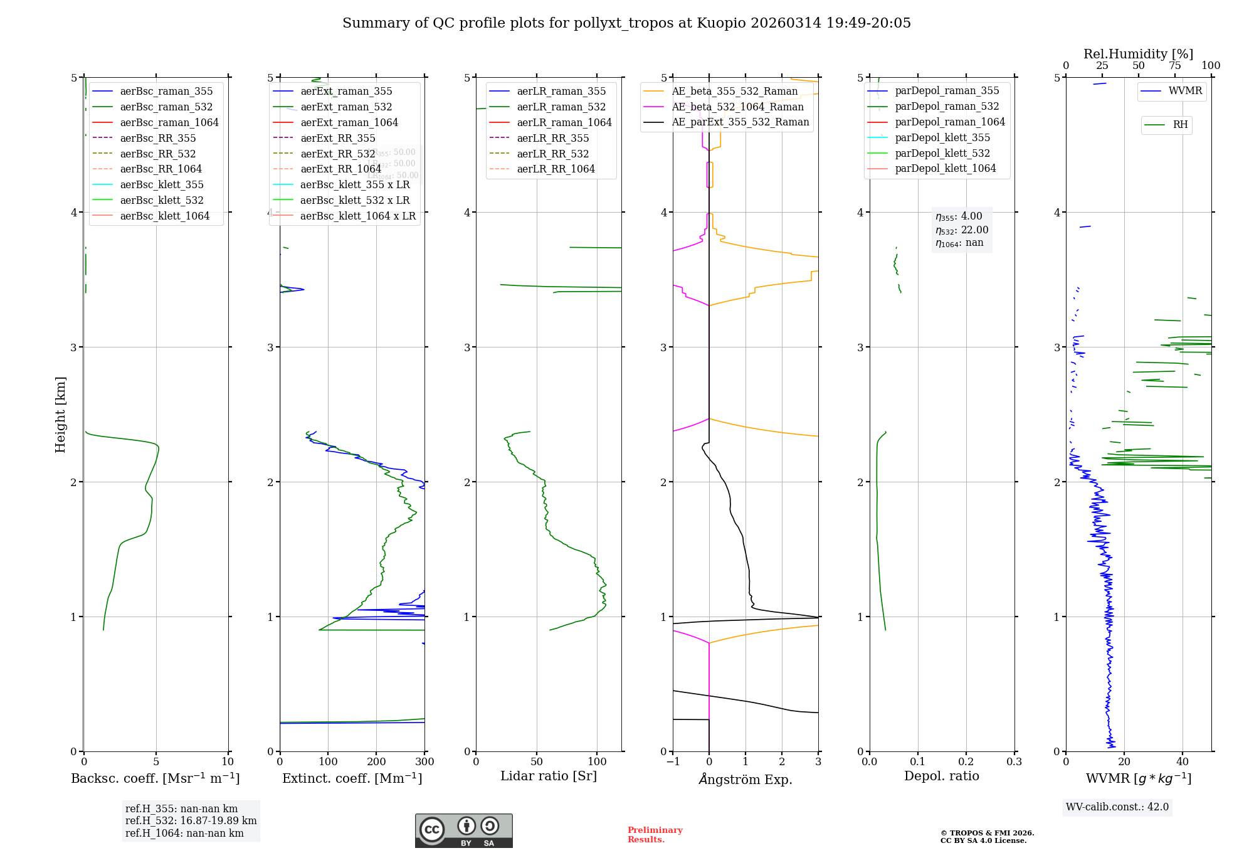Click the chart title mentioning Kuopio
[x=626, y=23]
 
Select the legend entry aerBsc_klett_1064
[x=164, y=216]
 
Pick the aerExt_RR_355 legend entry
[x=337, y=138]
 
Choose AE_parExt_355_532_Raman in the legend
[x=740, y=122]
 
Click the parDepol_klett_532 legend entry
[x=942, y=153]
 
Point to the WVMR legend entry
[x=1184, y=91]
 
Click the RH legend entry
[x=1179, y=125]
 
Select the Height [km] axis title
[x=60, y=414]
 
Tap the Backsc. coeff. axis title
[x=155, y=778]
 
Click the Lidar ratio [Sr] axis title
[x=549, y=776]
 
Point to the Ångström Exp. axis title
[x=746, y=779]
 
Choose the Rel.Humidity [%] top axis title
[x=1138, y=54]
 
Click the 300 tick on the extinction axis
[x=424, y=762]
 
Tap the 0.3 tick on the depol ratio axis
[x=1014, y=762]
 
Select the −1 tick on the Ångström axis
[x=673, y=762]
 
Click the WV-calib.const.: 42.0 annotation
[x=1117, y=807]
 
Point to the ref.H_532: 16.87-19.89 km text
[x=191, y=820]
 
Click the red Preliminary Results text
[x=655, y=835]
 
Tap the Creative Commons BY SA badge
[x=463, y=830]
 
